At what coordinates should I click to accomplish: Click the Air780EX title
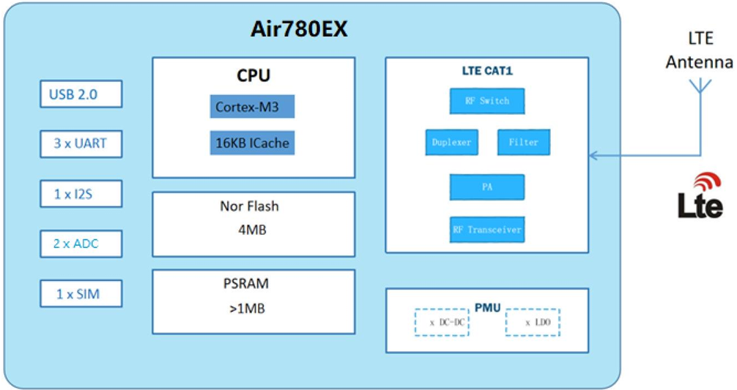coord(299,29)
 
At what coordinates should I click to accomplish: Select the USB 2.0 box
coord(81,94)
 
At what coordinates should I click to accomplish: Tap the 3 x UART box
coord(81,143)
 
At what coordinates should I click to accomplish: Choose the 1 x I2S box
coord(81,194)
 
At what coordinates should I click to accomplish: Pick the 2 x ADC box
coord(81,244)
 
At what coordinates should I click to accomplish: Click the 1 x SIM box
coord(81,294)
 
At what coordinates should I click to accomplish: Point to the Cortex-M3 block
coord(253,107)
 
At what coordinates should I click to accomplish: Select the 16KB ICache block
coord(253,143)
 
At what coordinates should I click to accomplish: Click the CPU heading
coord(253,75)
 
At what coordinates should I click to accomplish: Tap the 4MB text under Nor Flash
coord(253,230)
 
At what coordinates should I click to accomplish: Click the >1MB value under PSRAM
coord(247,308)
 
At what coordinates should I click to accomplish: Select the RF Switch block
coord(487,101)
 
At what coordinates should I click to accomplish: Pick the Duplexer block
coord(452,142)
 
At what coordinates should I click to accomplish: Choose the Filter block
coord(524,142)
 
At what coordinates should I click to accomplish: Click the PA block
coord(487,187)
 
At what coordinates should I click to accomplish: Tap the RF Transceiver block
coord(487,230)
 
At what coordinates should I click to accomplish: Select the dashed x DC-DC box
coord(442,323)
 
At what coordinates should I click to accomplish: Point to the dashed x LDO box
coord(533,323)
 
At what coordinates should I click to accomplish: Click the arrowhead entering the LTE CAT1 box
coord(593,155)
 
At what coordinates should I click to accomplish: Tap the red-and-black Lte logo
coord(700,195)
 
